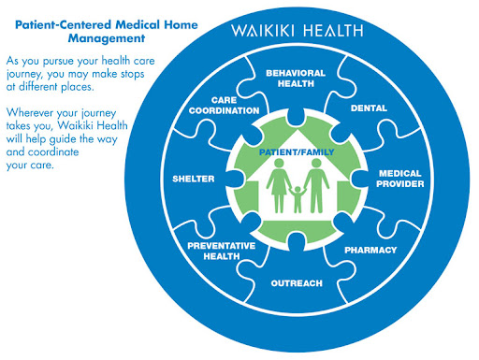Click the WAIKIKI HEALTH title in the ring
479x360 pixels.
click(298, 31)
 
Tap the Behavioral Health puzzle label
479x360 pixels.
click(296, 79)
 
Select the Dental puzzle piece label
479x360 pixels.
click(369, 108)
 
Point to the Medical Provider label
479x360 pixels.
click(400, 179)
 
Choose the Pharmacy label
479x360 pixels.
click(370, 250)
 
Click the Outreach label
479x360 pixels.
click(297, 283)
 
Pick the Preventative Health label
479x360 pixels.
click(222, 251)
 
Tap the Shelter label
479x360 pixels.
click(194, 179)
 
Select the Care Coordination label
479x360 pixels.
click(224, 106)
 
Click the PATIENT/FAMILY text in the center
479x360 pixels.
click(297, 152)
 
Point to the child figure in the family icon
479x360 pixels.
click(298, 199)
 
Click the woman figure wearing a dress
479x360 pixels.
click(279, 186)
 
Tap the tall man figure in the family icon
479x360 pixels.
click(316, 186)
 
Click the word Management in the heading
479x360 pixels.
click(107, 38)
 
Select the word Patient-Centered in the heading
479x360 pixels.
click(63, 24)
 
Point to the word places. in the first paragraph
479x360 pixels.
click(78, 87)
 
